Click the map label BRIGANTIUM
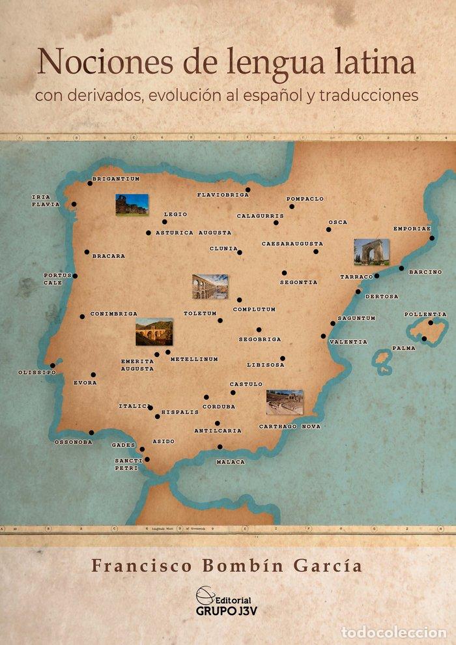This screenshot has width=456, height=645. pyautogui.click(x=116, y=178)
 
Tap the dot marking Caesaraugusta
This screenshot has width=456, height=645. pyautogui.click(x=316, y=251)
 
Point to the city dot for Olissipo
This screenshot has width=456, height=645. pyautogui.click(x=53, y=365)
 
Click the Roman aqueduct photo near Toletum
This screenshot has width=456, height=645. pyautogui.click(x=210, y=286)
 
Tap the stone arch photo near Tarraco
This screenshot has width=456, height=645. pyautogui.click(x=371, y=252)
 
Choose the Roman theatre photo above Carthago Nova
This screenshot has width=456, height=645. pyautogui.click(x=285, y=402)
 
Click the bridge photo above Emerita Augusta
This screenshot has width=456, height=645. pyautogui.click(x=154, y=332)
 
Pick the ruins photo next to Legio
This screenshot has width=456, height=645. pyautogui.click(x=132, y=205)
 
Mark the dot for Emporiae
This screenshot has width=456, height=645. pyautogui.click(x=431, y=238)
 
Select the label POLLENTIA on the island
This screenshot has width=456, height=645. pyautogui.click(x=425, y=314)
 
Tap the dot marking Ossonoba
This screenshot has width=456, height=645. pyautogui.click(x=91, y=433)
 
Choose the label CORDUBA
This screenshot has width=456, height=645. pyautogui.click(x=218, y=406)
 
